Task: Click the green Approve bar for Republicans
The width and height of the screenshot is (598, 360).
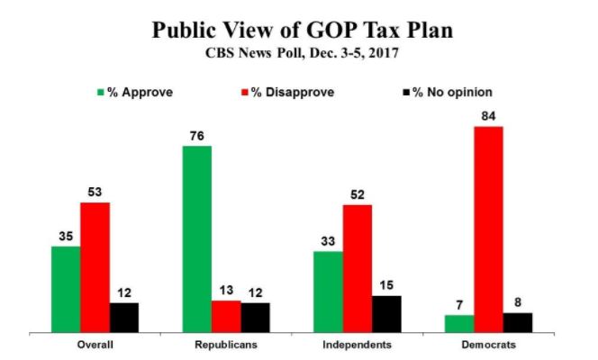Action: click(x=196, y=238)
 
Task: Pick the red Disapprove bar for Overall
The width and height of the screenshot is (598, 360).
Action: click(x=95, y=267)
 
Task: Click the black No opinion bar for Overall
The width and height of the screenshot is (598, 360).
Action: click(x=124, y=318)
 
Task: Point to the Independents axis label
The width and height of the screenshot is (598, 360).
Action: click(x=357, y=346)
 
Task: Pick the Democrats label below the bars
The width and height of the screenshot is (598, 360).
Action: click(x=488, y=346)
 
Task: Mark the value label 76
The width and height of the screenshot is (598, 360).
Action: click(x=196, y=136)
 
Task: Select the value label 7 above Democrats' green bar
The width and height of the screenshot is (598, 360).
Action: click(x=459, y=306)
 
